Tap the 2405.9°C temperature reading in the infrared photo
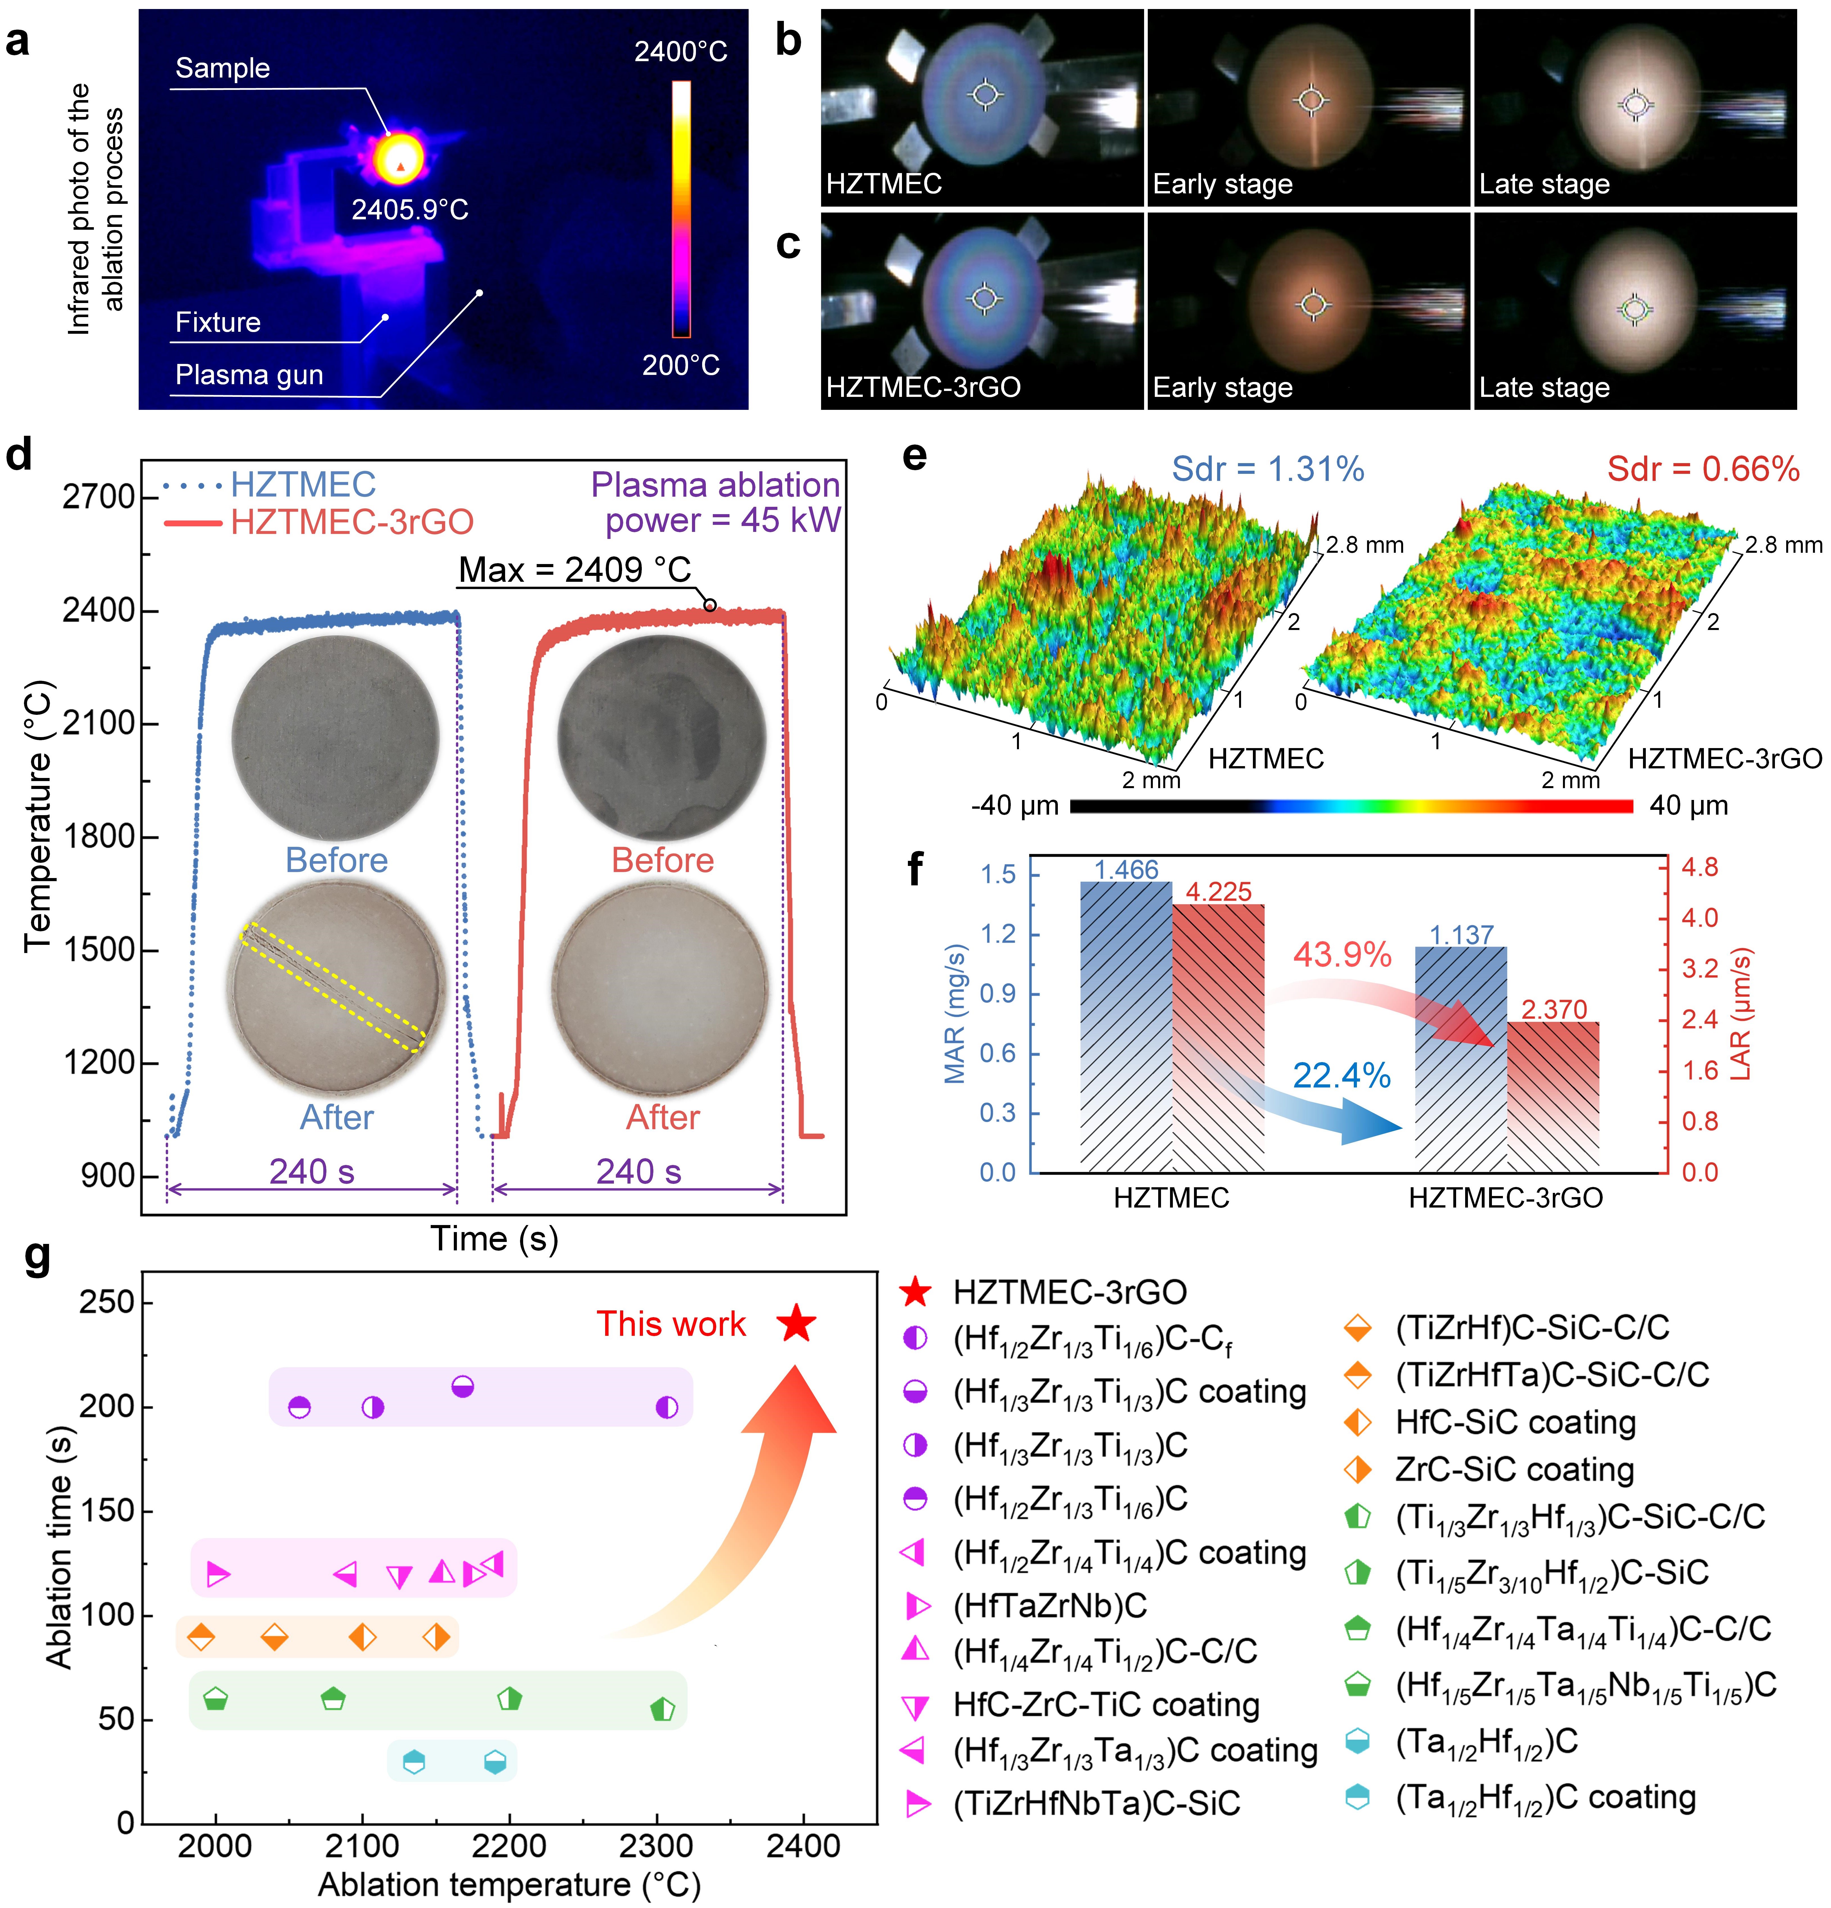tap(410, 209)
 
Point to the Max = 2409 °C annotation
tap(574, 569)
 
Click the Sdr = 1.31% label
tap(1267, 469)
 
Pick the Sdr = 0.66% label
tap(1702, 469)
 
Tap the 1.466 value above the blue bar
tap(1126, 869)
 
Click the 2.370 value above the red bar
tap(1554, 1009)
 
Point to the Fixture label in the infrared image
tap(218, 322)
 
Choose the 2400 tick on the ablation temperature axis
tap(803, 1846)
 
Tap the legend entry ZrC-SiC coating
tap(1514, 1469)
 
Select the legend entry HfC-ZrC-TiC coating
tap(1106, 1704)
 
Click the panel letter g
tap(37, 1256)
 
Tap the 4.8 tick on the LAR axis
tap(1700, 867)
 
